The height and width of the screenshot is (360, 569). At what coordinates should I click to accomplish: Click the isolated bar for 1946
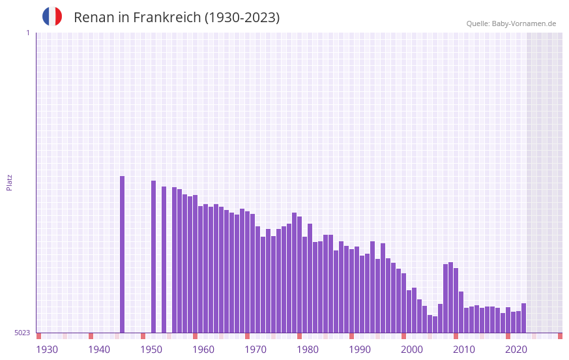point(122,254)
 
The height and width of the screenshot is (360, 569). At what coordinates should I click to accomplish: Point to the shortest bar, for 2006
point(435,324)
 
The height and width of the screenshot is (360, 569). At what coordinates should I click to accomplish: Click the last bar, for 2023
point(523,318)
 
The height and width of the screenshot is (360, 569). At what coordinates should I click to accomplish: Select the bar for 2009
point(450,297)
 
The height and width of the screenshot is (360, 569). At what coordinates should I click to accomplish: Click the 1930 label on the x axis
point(47,350)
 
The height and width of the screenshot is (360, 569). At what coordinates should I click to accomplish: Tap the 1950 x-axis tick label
point(151,350)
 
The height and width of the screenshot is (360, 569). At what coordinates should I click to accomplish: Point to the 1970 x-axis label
point(255,350)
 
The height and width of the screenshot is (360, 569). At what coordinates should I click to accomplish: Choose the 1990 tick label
point(360,350)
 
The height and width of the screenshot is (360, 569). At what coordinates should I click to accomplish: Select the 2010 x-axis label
point(464,350)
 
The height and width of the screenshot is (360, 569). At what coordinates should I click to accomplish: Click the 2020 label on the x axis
point(516,350)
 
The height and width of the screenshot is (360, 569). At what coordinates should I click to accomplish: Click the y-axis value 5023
point(22,333)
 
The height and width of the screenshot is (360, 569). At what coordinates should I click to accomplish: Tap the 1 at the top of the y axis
point(27,33)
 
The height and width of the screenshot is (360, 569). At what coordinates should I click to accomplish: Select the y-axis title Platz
point(9,182)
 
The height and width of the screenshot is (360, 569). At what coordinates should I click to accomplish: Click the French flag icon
point(52,16)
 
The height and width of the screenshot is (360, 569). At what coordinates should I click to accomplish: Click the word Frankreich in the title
point(167,18)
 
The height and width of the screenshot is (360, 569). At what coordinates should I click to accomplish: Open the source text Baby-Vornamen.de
point(524,23)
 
